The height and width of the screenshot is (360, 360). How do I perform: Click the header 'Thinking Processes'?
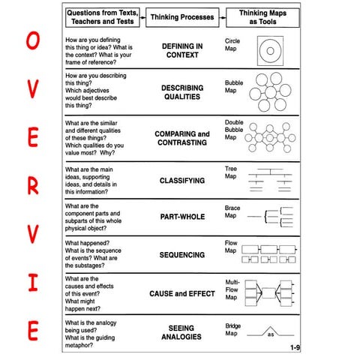183,16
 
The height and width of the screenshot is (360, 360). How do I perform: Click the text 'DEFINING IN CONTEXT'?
182,51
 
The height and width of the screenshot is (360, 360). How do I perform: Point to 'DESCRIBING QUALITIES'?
182,92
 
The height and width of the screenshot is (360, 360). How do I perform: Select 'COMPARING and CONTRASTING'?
182,138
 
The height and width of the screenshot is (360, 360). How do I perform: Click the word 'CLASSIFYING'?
182,181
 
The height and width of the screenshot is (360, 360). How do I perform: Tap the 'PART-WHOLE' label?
182,217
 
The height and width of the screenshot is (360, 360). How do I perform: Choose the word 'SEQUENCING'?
182,255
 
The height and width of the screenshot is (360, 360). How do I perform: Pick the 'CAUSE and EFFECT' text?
182,294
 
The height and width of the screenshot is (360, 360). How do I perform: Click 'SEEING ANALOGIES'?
182,332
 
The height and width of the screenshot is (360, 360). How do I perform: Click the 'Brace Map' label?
232,211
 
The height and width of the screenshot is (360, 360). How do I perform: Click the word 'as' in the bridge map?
271,334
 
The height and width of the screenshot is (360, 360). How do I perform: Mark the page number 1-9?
298,348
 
